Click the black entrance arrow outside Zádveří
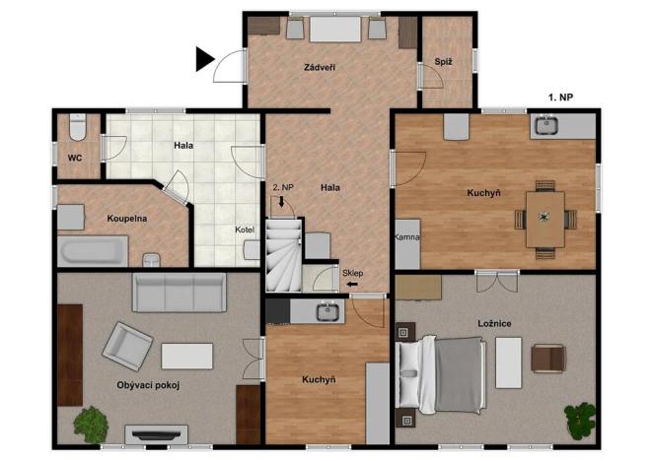205,60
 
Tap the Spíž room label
443,63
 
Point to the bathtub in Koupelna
93,249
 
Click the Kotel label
245,230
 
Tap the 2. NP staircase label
281,186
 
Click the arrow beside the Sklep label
351,286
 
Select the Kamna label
408,237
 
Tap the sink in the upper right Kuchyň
544,126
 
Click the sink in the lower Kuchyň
327,313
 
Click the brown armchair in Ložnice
546,358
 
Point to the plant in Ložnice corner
581,418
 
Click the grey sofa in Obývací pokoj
180,292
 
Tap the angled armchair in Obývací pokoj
128,346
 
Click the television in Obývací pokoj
156,432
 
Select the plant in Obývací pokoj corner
92,424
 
